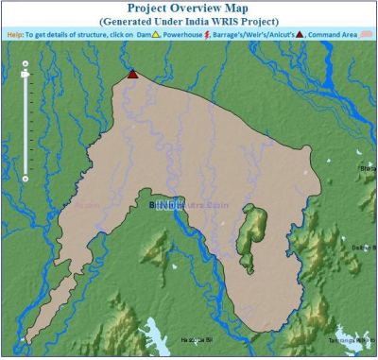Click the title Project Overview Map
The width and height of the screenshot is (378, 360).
pyautogui.click(x=189, y=8)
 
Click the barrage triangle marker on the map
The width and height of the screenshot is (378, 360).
pyautogui.click(x=132, y=74)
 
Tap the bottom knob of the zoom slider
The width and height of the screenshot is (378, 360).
pyautogui.click(x=26, y=177)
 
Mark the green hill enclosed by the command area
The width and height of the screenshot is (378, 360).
pyautogui.click(x=252, y=228)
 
